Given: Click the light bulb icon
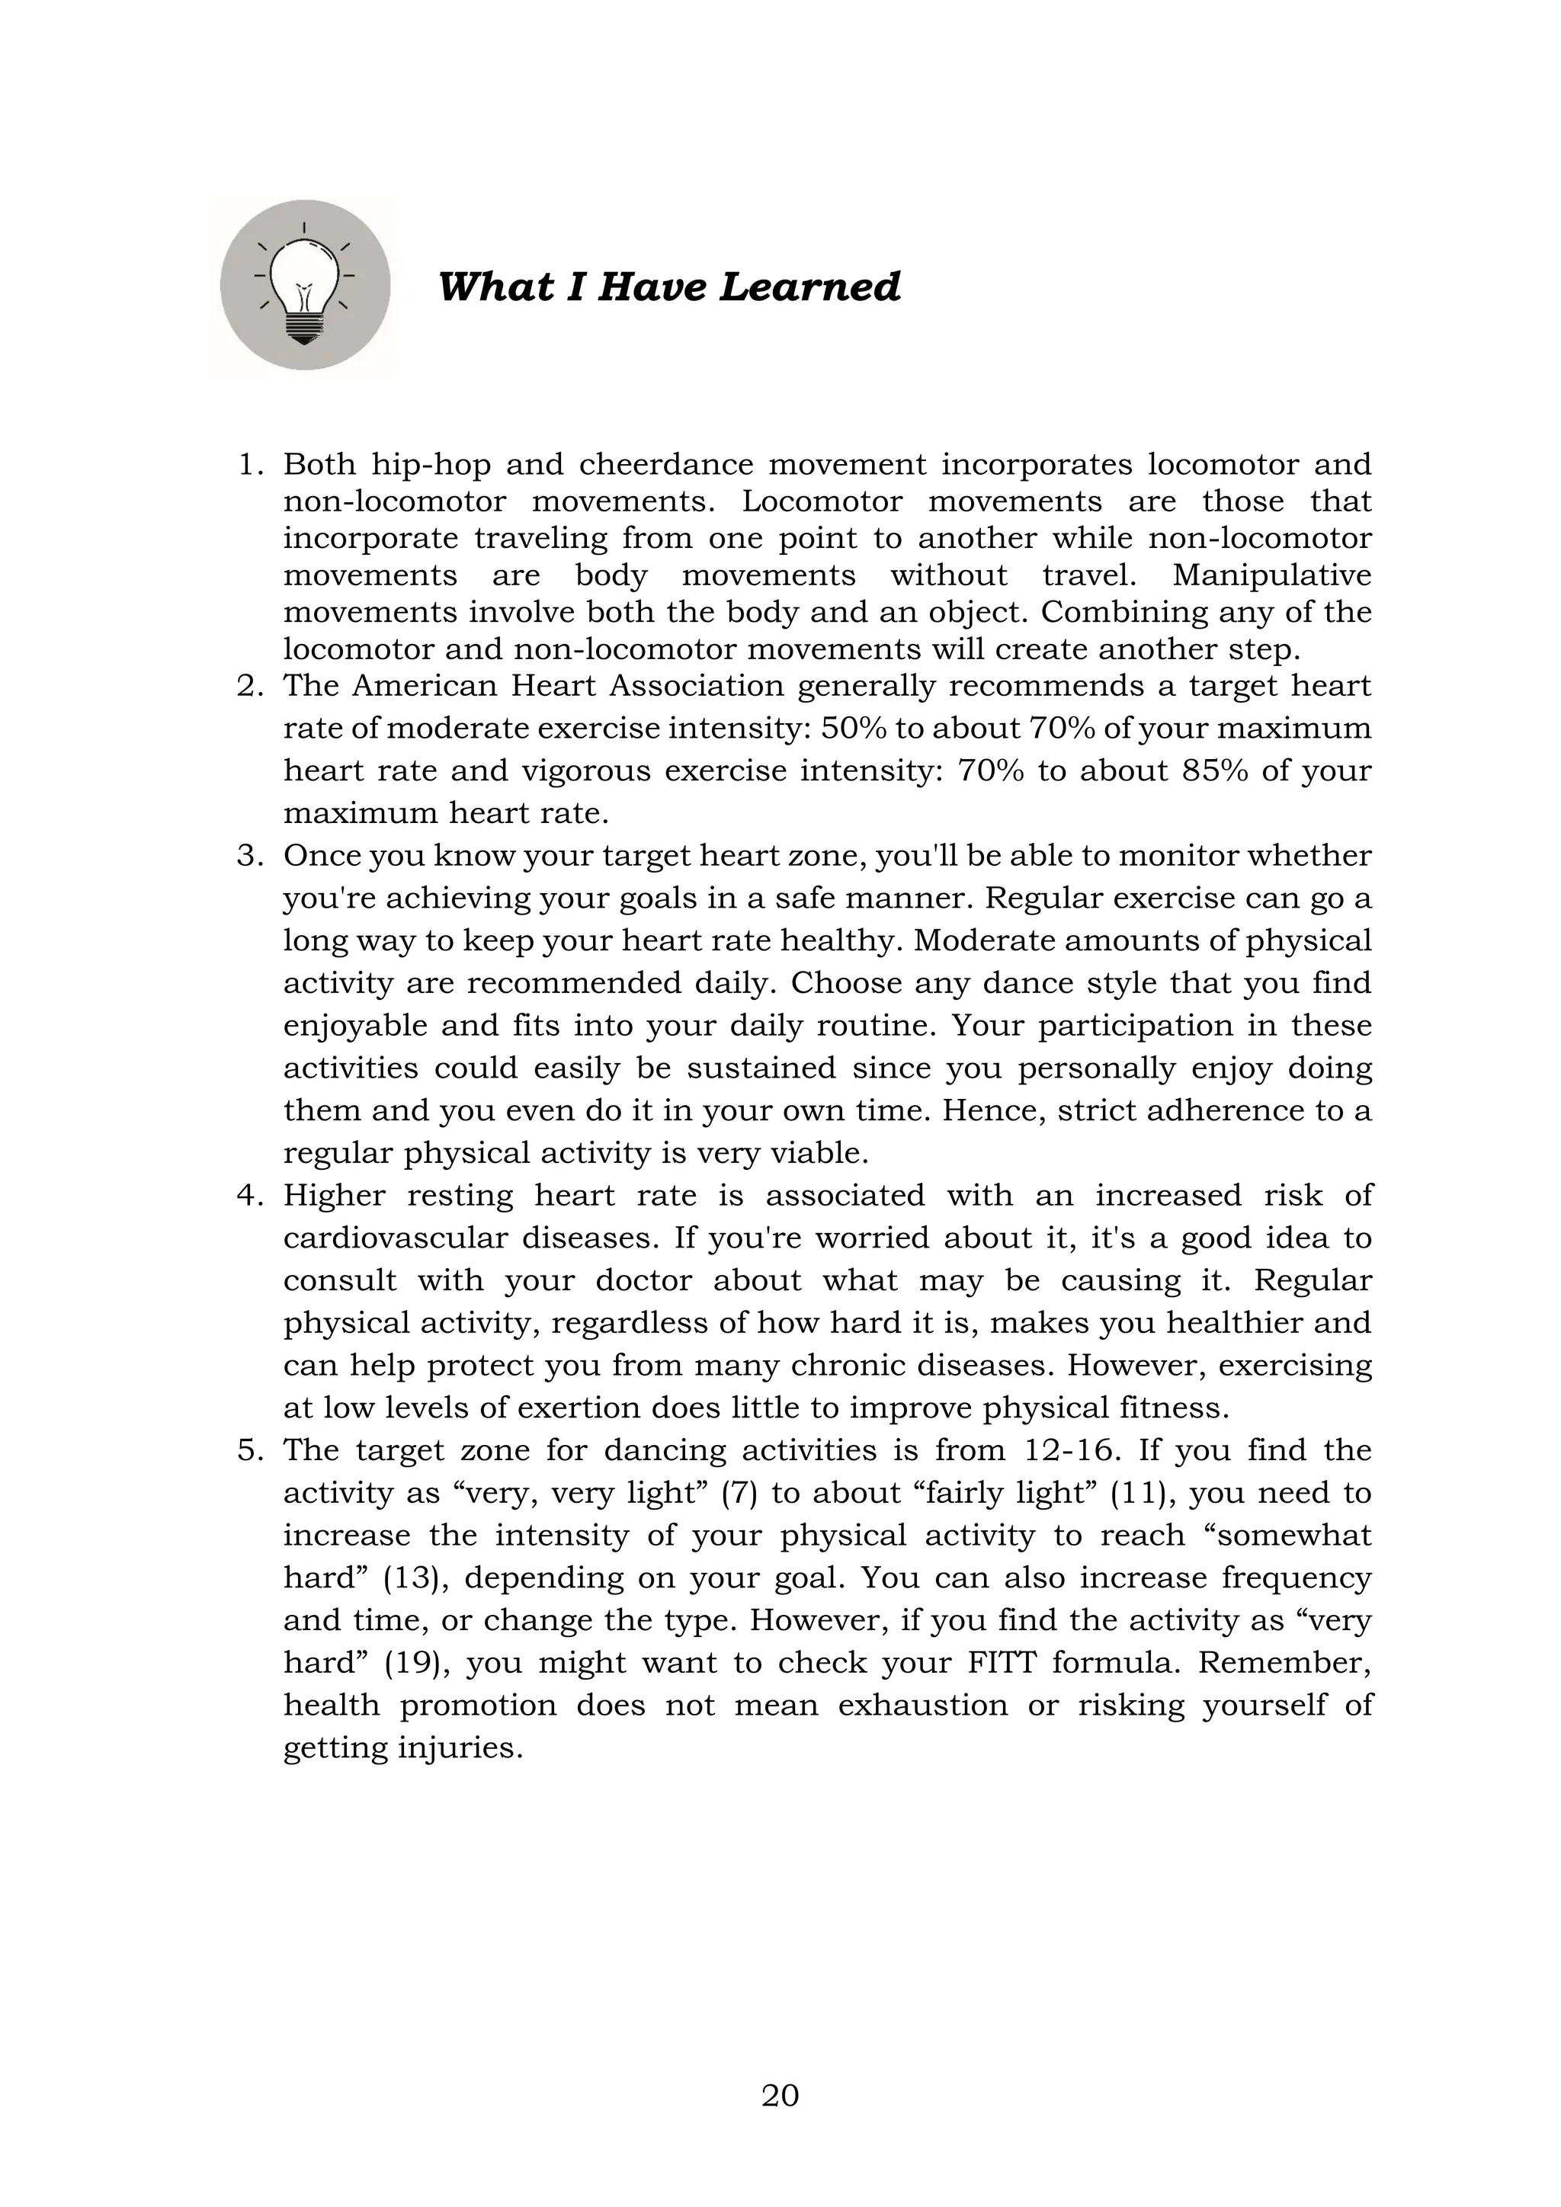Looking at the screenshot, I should (x=305, y=286).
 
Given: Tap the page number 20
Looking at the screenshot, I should (x=780, y=2094).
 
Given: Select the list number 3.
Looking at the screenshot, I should (x=250, y=856).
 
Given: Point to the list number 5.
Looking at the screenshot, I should (x=250, y=1449).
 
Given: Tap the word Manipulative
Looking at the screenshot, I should (x=1271, y=575).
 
